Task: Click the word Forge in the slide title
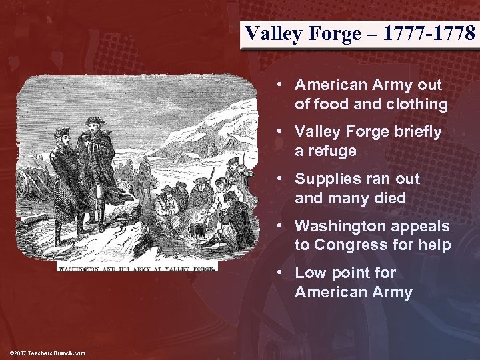[x=324, y=33]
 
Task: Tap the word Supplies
[x=323, y=179]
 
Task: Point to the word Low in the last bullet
[x=309, y=273]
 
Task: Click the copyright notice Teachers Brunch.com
[x=47, y=353]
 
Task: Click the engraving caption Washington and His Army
[x=137, y=268]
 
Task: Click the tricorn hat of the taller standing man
[x=95, y=121]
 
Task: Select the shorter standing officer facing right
[x=63, y=180]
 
